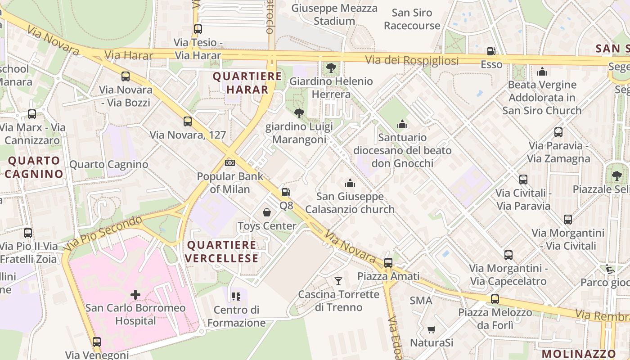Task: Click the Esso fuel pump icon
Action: [491, 51]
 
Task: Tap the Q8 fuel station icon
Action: [286, 192]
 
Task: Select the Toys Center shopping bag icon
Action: [267, 212]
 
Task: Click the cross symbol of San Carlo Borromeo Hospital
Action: [135, 295]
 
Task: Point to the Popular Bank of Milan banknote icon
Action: [230, 162]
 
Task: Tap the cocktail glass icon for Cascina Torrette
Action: [338, 281]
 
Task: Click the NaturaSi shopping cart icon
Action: [431, 329]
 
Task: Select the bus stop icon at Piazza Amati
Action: [388, 262]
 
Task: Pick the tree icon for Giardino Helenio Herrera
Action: [331, 68]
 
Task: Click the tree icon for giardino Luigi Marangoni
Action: [298, 113]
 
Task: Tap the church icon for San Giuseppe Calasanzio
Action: [350, 183]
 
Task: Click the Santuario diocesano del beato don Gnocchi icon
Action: [402, 124]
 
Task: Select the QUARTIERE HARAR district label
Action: [247, 83]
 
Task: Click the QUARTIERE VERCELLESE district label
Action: [222, 252]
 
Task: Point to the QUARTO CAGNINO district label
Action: [34, 167]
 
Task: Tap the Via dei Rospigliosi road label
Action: [411, 60]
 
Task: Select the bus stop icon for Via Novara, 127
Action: [188, 121]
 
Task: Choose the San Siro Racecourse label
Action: [412, 19]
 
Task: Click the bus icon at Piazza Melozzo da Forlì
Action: [495, 299]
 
